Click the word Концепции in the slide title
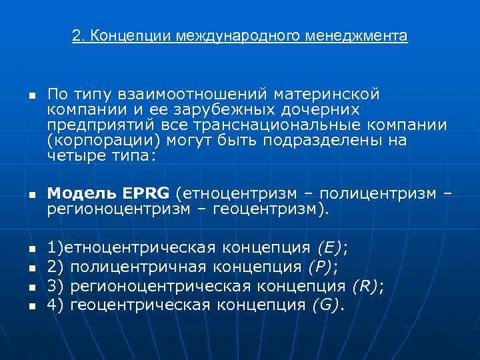128,35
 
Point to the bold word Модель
83,193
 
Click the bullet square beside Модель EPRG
31,195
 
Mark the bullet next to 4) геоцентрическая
31,306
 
